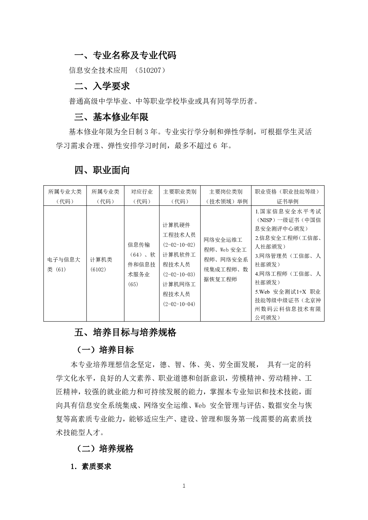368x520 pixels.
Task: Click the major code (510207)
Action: [x=150, y=70]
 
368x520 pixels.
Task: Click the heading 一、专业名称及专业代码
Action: [x=125, y=55]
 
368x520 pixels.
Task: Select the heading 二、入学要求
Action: [x=102, y=86]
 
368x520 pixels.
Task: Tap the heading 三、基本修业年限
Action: [x=111, y=117]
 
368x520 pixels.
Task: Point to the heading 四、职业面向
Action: [x=102, y=170]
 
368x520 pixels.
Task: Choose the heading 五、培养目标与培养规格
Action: [x=125, y=332]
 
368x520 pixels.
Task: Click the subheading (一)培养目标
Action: [x=105, y=350]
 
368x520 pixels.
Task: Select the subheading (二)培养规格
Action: [x=105, y=448]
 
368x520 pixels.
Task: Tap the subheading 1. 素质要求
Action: [x=91, y=467]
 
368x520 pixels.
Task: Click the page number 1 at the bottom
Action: [x=184, y=486]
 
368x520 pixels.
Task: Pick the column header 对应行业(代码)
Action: [x=142, y=196]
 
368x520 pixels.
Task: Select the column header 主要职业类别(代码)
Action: [x=180, y=196]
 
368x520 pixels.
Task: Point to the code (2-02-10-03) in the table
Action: [x=179, y=275]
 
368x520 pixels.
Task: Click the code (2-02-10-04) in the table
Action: [x=179, y=304]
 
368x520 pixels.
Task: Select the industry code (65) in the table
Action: [x=133, y=284]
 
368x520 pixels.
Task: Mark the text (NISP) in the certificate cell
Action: [x=265, y=220]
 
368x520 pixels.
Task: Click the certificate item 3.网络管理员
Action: [x=271, y=256]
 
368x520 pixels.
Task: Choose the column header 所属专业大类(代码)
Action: [x=65, y=196]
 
